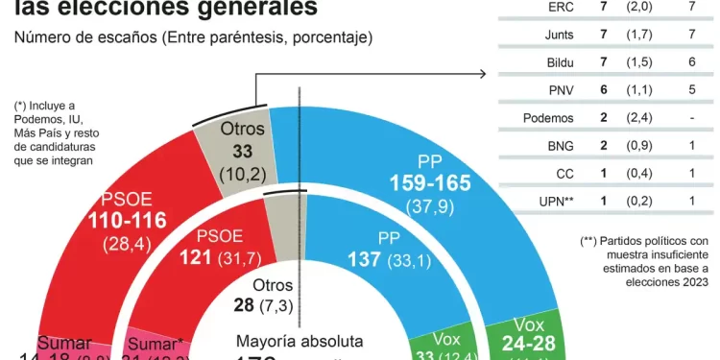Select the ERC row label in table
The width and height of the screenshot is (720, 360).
561,7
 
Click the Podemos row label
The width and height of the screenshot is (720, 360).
548,118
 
